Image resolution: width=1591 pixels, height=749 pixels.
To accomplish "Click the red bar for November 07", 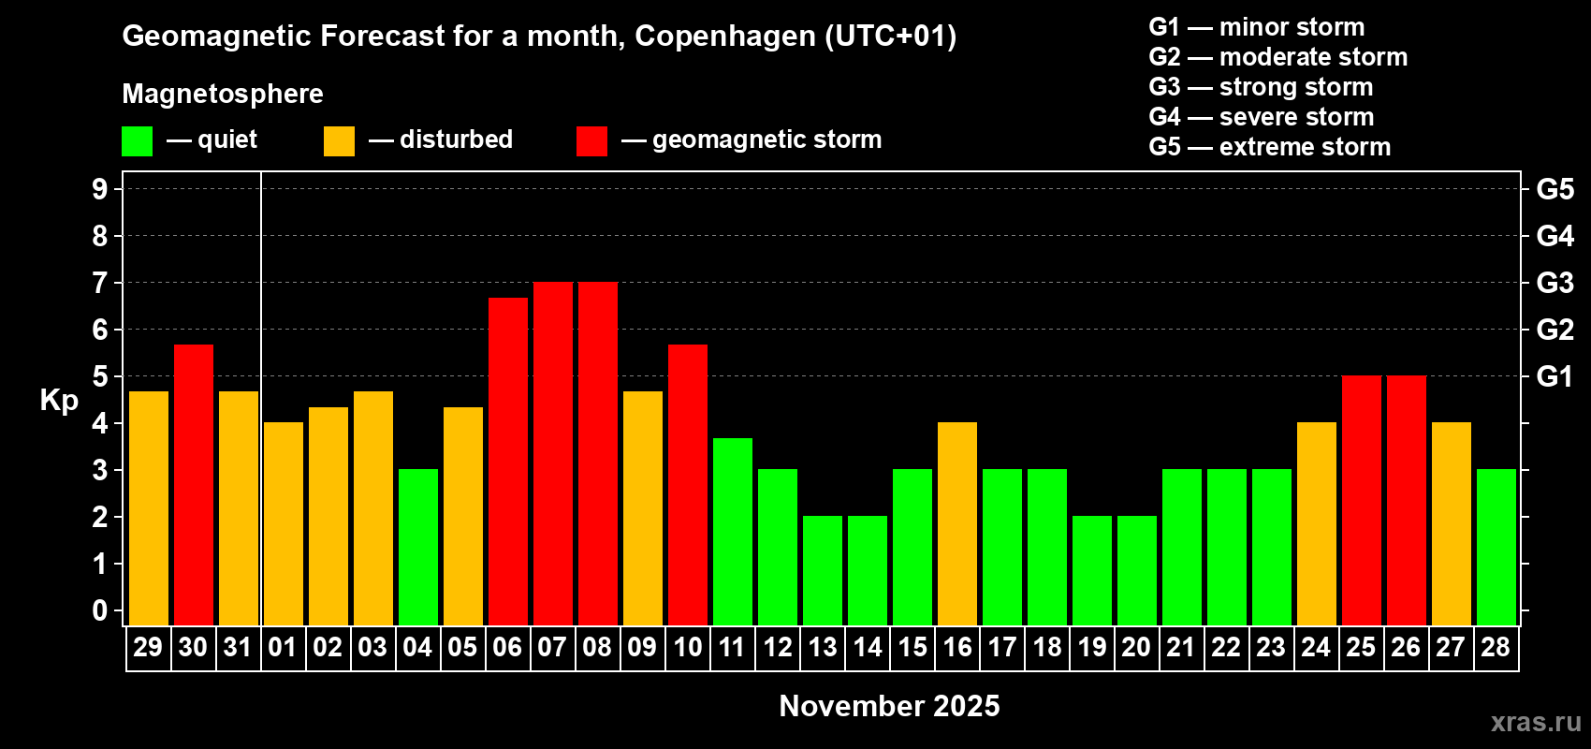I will point(552,453).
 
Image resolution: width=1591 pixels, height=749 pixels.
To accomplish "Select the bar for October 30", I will point(193,485).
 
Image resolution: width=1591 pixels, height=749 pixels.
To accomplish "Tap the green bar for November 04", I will point(417,547).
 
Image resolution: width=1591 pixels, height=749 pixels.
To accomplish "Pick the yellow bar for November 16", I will point(956,523).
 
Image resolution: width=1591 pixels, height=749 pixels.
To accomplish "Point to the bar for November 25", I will point(1361,500).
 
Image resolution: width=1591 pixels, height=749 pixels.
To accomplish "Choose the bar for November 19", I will point(1091,570).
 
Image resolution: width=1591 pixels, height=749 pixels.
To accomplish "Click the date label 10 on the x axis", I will point(687,648).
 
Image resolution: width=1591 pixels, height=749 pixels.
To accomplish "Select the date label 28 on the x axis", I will point(1496,648).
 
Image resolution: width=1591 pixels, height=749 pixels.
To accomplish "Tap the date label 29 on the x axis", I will point(148,648).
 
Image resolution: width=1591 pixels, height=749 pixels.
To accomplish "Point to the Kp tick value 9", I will point(100,189).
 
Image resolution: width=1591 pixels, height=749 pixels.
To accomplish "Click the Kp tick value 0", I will point(100,611).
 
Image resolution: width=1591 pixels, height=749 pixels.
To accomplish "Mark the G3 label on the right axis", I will point(1555,283).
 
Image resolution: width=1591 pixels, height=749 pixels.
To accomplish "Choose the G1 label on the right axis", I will point(1555,376).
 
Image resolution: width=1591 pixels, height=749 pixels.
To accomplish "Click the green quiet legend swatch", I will point(137,141).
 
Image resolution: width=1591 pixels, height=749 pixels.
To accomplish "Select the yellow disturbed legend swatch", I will point(339,141).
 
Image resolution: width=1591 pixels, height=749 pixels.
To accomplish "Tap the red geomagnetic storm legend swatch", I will point(591,141).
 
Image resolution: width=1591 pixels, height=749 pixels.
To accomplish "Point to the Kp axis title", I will point(59,401).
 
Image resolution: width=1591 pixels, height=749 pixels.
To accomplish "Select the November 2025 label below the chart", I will point(889,706).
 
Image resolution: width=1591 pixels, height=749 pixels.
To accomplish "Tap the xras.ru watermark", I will point(1536,722).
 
